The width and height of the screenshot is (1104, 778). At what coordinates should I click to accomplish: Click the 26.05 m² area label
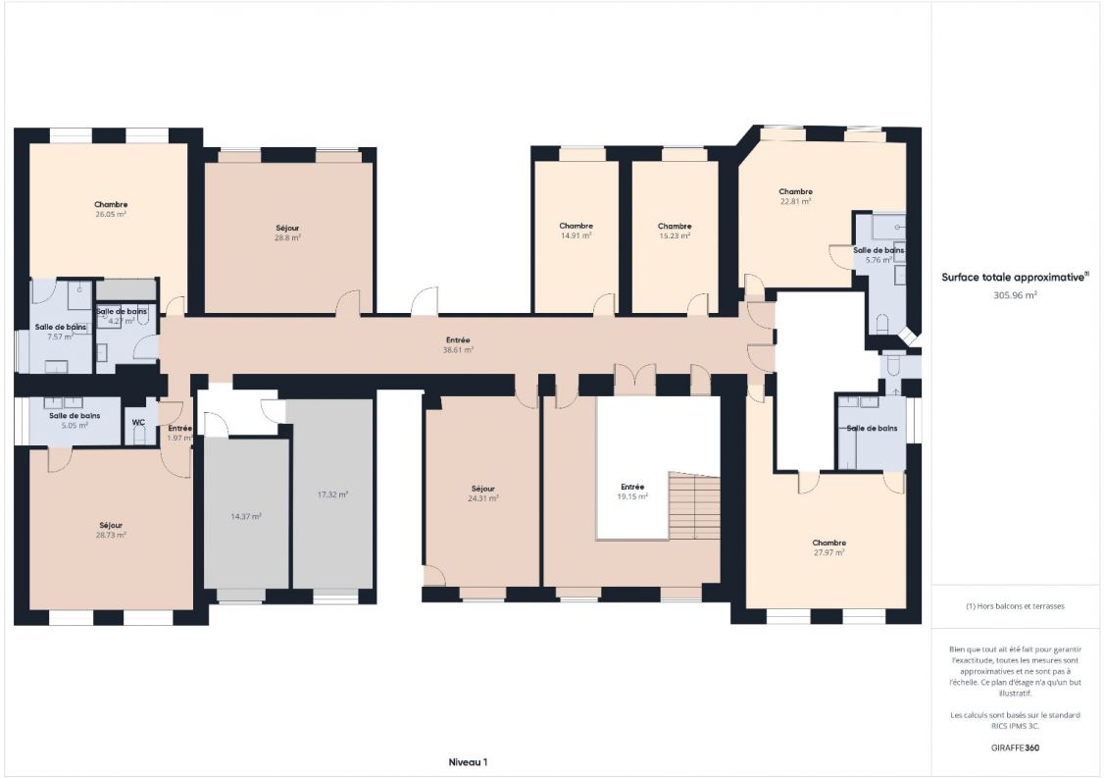pos(111,214)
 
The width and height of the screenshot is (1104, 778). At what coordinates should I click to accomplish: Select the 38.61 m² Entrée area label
pos(458,349)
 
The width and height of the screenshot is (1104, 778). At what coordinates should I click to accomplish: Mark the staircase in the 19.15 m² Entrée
pos(694,507)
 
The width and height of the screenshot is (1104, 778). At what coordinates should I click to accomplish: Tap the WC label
pos(139,423)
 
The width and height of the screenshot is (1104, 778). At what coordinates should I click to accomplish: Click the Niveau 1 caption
pos(468,761)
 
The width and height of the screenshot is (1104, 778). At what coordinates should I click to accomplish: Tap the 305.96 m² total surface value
pos(1015,294)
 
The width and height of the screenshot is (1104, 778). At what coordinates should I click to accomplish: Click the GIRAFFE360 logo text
pos(1015,748)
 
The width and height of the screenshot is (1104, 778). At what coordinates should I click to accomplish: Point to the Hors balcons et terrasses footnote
pos(1015,606)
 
